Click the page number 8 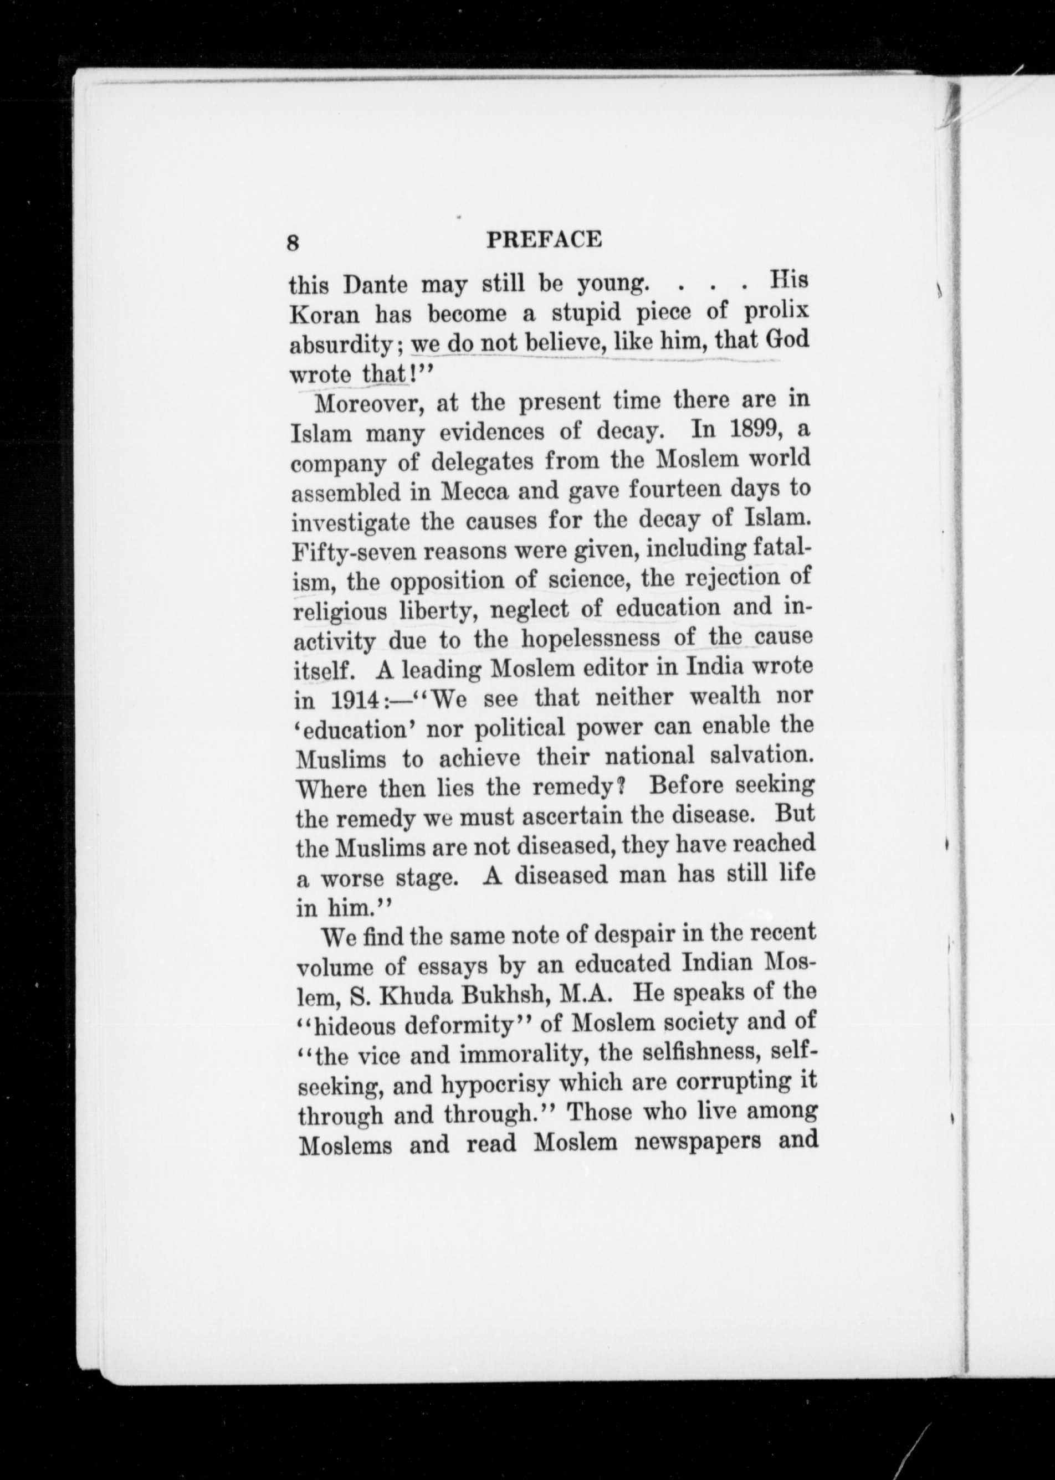[x=293, y=243]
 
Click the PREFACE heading [x=544, y=240]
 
